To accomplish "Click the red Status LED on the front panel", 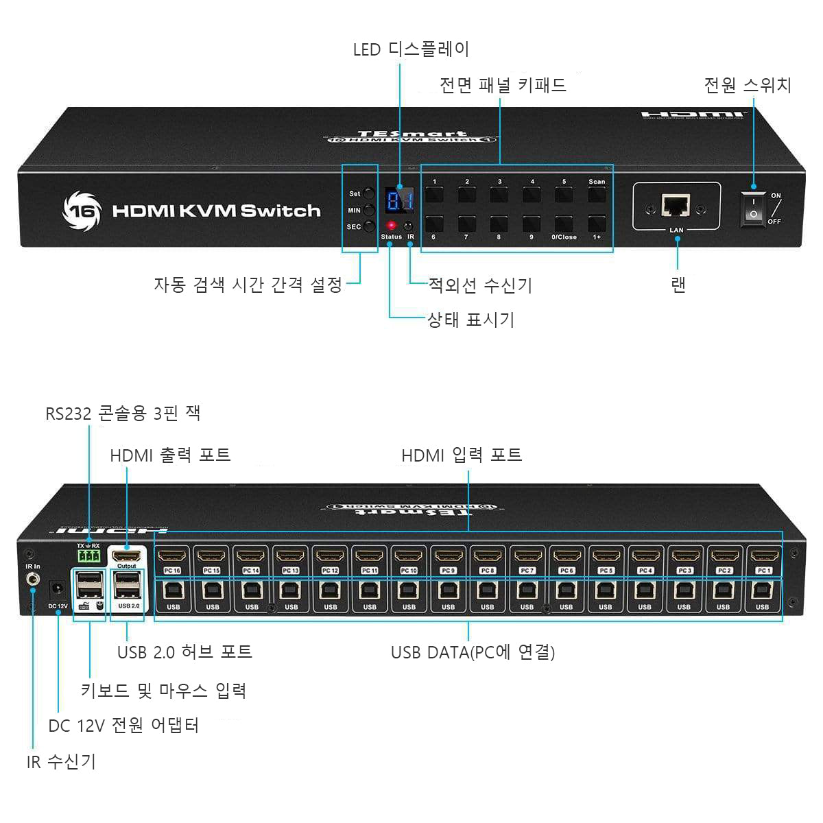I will click(x=391, y=225).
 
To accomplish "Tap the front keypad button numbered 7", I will click(x=467, y=224).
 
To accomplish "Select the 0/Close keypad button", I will click(x=564, y=224).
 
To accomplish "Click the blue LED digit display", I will click(x=399, y=201).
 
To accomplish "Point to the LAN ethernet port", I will click(x=676, y=204).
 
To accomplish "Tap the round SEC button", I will click(x=370, y=226).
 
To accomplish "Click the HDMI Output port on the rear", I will click(x=127, y=556).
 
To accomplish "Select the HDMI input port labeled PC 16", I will click(x=173, y=556).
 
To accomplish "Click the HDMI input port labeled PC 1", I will click(x=763, y=556).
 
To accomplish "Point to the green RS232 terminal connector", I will click(x=88, y=556).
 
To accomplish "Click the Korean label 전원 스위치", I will click(x=748, y=85).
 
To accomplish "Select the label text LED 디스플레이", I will click(x=411, y=49).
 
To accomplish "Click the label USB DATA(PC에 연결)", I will click(x=473, y=652).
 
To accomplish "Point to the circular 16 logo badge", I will click(x=82, y=210).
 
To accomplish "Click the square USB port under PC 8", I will click(x=487, y=591).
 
